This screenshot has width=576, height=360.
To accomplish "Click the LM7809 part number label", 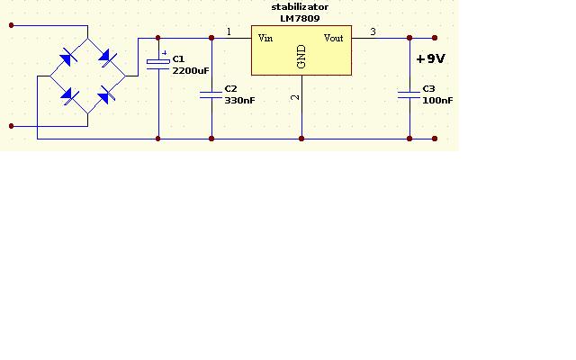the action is pos(300,18).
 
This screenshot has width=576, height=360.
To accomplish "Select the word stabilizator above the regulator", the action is pos(300,7).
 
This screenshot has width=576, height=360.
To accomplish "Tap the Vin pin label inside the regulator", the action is pos(265,38).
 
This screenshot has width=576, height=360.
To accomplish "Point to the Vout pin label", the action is pos(333,38).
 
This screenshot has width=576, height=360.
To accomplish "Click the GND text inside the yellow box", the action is pos(301,57).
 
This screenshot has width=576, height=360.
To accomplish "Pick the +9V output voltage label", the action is pos(430,58).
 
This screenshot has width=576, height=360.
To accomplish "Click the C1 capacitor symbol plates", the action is pos(158,63).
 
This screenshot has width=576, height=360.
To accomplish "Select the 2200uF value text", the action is pos(190,70).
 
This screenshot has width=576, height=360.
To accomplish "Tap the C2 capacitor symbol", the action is pos(211,95).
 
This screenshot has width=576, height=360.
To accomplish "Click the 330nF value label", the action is pos(239,100).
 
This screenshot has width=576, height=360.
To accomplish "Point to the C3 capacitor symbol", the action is pos(409,95).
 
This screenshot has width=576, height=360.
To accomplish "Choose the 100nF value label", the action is pos(437,100).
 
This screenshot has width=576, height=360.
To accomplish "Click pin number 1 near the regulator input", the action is pos(229,32).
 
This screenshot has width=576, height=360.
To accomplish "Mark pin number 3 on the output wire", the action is pos(373,32).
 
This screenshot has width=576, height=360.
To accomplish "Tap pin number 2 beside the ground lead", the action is pos(295,97).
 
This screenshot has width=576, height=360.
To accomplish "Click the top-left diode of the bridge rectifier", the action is pos(68,58).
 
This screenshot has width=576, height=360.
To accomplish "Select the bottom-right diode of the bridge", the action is pos(106,94).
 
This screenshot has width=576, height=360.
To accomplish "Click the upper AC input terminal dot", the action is pos(12,25).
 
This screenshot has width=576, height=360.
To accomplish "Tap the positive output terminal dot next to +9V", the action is pos(435,38).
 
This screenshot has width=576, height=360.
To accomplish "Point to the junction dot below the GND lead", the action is pos(301,139).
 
